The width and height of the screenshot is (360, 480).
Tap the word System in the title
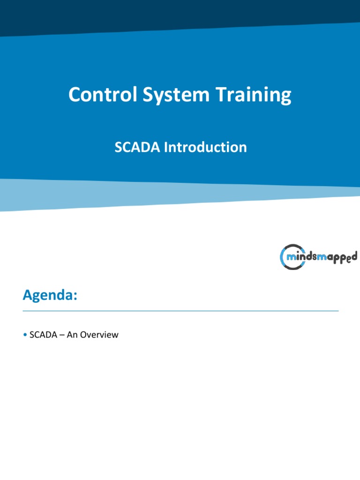tap(172, 95)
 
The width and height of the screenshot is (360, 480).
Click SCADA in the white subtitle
tap(132, 147)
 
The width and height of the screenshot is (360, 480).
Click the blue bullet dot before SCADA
tap(24, 335)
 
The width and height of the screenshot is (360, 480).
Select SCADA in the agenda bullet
tap(41, 335)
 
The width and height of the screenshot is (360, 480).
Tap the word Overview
tap(99, 335)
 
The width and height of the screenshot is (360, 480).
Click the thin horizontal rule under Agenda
tap(180, 311)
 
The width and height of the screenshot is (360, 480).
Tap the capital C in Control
tap(74, 95)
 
